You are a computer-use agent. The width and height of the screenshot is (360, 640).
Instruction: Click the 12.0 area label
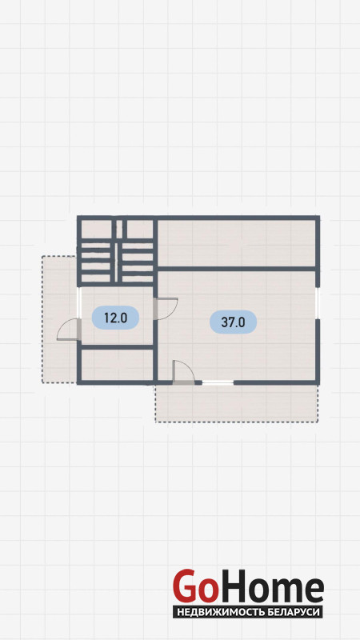(x=115, y=318)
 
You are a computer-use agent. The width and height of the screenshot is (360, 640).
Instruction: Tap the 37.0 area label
(x=233, y=322)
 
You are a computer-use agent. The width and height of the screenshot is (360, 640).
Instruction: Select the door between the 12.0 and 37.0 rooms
(x=166, y=309)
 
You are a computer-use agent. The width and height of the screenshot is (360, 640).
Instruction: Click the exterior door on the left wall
(x=69, y=330)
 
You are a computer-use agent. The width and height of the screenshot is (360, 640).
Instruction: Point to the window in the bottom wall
(x=218, y=382)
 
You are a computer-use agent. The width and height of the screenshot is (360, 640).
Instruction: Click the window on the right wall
(x=318, y=303)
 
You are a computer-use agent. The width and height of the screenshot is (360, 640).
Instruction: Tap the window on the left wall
(x=79, y=303)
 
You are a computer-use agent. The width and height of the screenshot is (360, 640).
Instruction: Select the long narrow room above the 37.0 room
(x=236, y=243)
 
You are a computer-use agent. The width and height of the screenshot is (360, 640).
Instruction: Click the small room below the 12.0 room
(x=117, y=365)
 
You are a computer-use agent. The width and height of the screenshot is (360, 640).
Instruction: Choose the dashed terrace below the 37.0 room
(x=237, y=403)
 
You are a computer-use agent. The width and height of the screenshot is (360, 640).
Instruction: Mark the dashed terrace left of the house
(x=59, y=319)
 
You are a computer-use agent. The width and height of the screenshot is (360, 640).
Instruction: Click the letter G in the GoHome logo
(x=186, y=586)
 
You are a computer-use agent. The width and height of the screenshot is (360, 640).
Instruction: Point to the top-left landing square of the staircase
(x=96, y=230)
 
